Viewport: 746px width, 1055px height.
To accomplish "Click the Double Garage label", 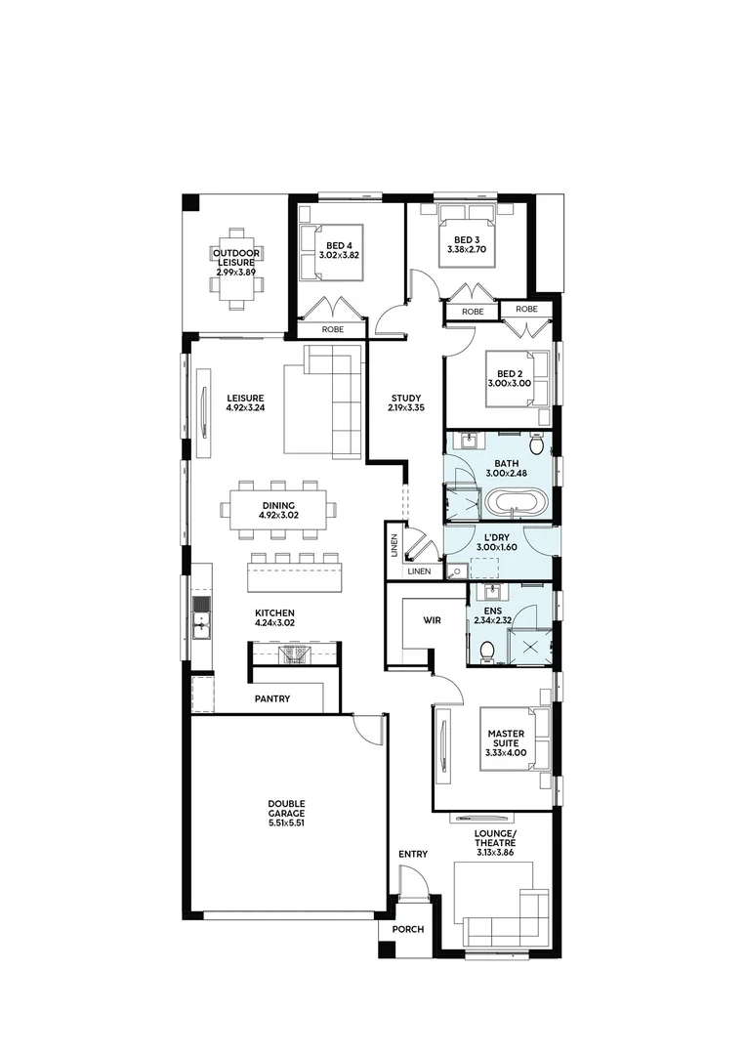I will (x=286, y=814).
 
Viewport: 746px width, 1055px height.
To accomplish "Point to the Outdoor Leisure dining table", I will (x=235, y=269).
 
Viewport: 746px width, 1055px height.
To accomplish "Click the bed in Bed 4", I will (x=326, y=253).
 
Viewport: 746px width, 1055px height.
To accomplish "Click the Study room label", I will (x=405, y=404).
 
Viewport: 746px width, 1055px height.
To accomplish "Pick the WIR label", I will (x=433, y=619).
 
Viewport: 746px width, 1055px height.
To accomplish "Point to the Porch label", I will (x=408, y=929).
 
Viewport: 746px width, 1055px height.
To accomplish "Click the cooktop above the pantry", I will (x=294, y=655).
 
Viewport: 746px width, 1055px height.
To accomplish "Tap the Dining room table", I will (x=278, y=508).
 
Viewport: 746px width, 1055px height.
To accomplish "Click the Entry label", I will (x=413, y=854).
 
